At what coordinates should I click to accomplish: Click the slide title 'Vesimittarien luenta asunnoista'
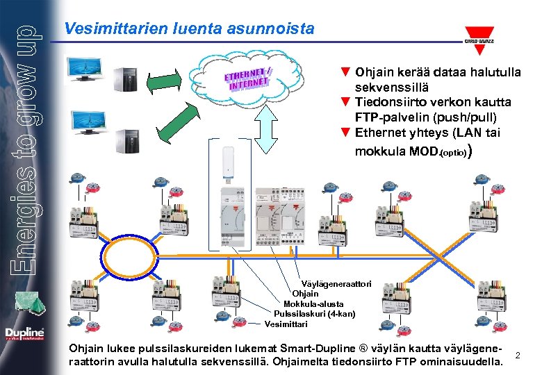[188, 29]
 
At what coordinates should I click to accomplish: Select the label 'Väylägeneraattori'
[336, 283]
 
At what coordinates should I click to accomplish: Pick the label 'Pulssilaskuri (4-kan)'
[314, 314]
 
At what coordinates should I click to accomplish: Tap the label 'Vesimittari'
[286, 324]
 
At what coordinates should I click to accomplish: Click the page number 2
[518, 356]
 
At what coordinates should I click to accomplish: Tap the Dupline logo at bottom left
[24, 334]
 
